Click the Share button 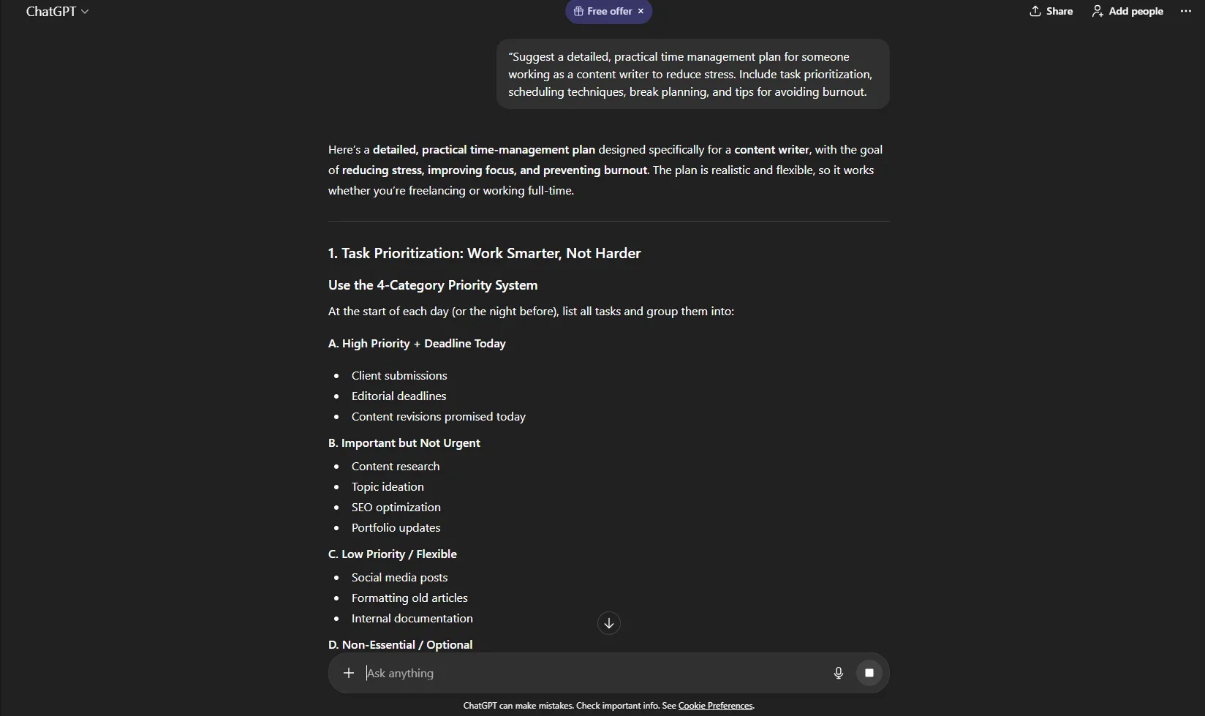[x=1051, y=11]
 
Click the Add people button [x=1127, y=11]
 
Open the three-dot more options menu [x=1185, y=11]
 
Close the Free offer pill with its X [x=641, y=11]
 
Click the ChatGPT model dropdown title [x=57, y=11]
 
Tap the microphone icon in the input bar [x=838, y=673]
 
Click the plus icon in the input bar [x=349, y=673]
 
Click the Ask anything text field [x=585, y=673]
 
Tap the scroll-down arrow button [x=608, y=623]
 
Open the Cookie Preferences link [x=715, y=706]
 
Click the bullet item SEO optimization [x=396, y=507]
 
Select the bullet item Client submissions [x=398, y=375]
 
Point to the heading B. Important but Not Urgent [x=404, y=442]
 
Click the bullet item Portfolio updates [x=396, y=527]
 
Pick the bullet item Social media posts [x=399, y=577]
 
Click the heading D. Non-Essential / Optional [x=400, y=644]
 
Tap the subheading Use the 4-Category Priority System [x=432, y=285]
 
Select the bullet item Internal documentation [x=412, y=618]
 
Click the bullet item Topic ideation [x=388, y=486]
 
